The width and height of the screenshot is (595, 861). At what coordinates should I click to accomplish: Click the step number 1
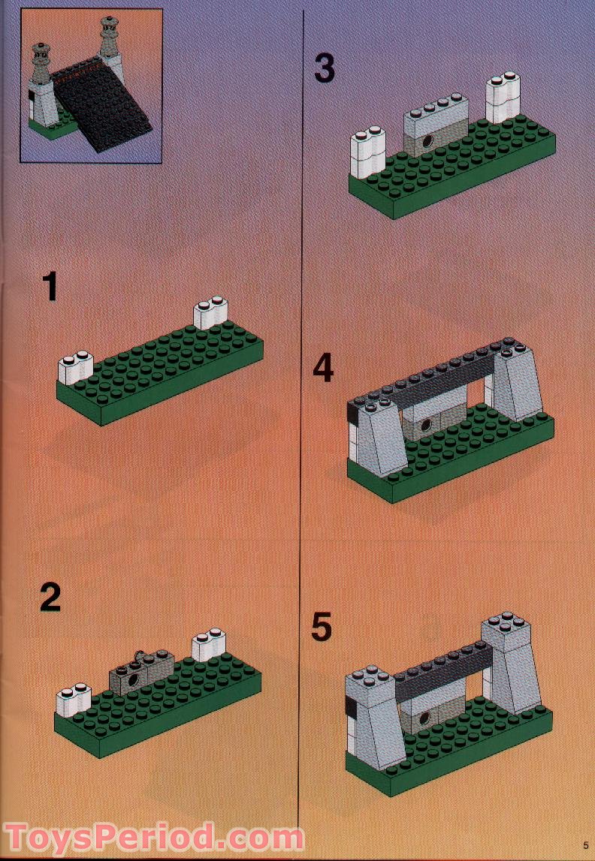point(50,288)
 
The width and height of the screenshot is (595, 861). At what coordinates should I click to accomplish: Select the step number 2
point(50,598)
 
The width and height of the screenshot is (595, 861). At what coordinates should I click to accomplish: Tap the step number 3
point(324,68)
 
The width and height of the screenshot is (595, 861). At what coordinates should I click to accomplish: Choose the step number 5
point(322,628)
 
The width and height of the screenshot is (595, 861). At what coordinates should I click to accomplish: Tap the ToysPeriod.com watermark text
point(154,838)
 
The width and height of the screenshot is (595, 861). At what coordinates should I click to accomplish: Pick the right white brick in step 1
point(212,314)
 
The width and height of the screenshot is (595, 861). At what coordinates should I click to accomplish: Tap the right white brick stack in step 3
point(503,98)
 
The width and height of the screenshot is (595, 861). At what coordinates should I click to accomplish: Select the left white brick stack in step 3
point(368,153)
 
